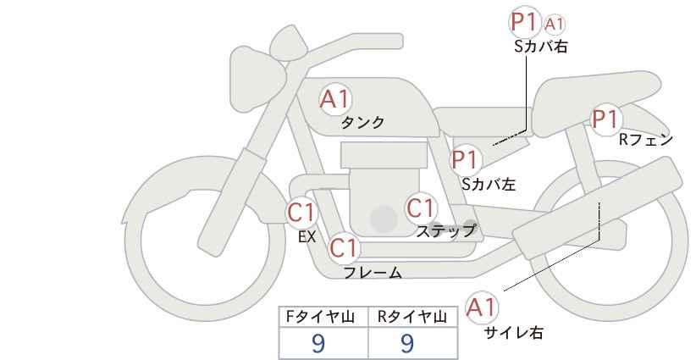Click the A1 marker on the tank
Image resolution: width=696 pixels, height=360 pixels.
coord(335,99)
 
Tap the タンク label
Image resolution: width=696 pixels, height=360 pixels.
coord(362,123)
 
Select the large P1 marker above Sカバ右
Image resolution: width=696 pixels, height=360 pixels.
coord(525,22)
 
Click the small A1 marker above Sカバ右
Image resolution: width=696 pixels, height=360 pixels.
coord(555,25)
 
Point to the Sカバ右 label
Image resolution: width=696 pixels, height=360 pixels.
coord(541,47)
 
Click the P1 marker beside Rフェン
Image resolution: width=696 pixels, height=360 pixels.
coord(605,119)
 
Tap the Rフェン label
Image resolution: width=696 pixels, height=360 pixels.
coord(646,140)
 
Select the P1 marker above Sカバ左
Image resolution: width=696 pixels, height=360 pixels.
coord(465,159)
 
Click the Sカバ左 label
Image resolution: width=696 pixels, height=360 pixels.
coord(489,184)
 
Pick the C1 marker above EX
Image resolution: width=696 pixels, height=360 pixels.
coord(301,213)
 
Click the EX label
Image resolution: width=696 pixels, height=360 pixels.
coord(307,237)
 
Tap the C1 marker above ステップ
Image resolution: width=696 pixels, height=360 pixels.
coord(420,208)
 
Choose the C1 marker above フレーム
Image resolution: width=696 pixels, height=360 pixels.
coord(344,248)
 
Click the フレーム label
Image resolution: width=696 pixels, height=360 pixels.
coord(373,273)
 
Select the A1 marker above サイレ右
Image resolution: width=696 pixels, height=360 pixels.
coord(482,307)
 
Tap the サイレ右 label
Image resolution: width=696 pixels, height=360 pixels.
coord(514,332)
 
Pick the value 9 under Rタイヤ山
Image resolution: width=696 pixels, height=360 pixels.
coord(407,343)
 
